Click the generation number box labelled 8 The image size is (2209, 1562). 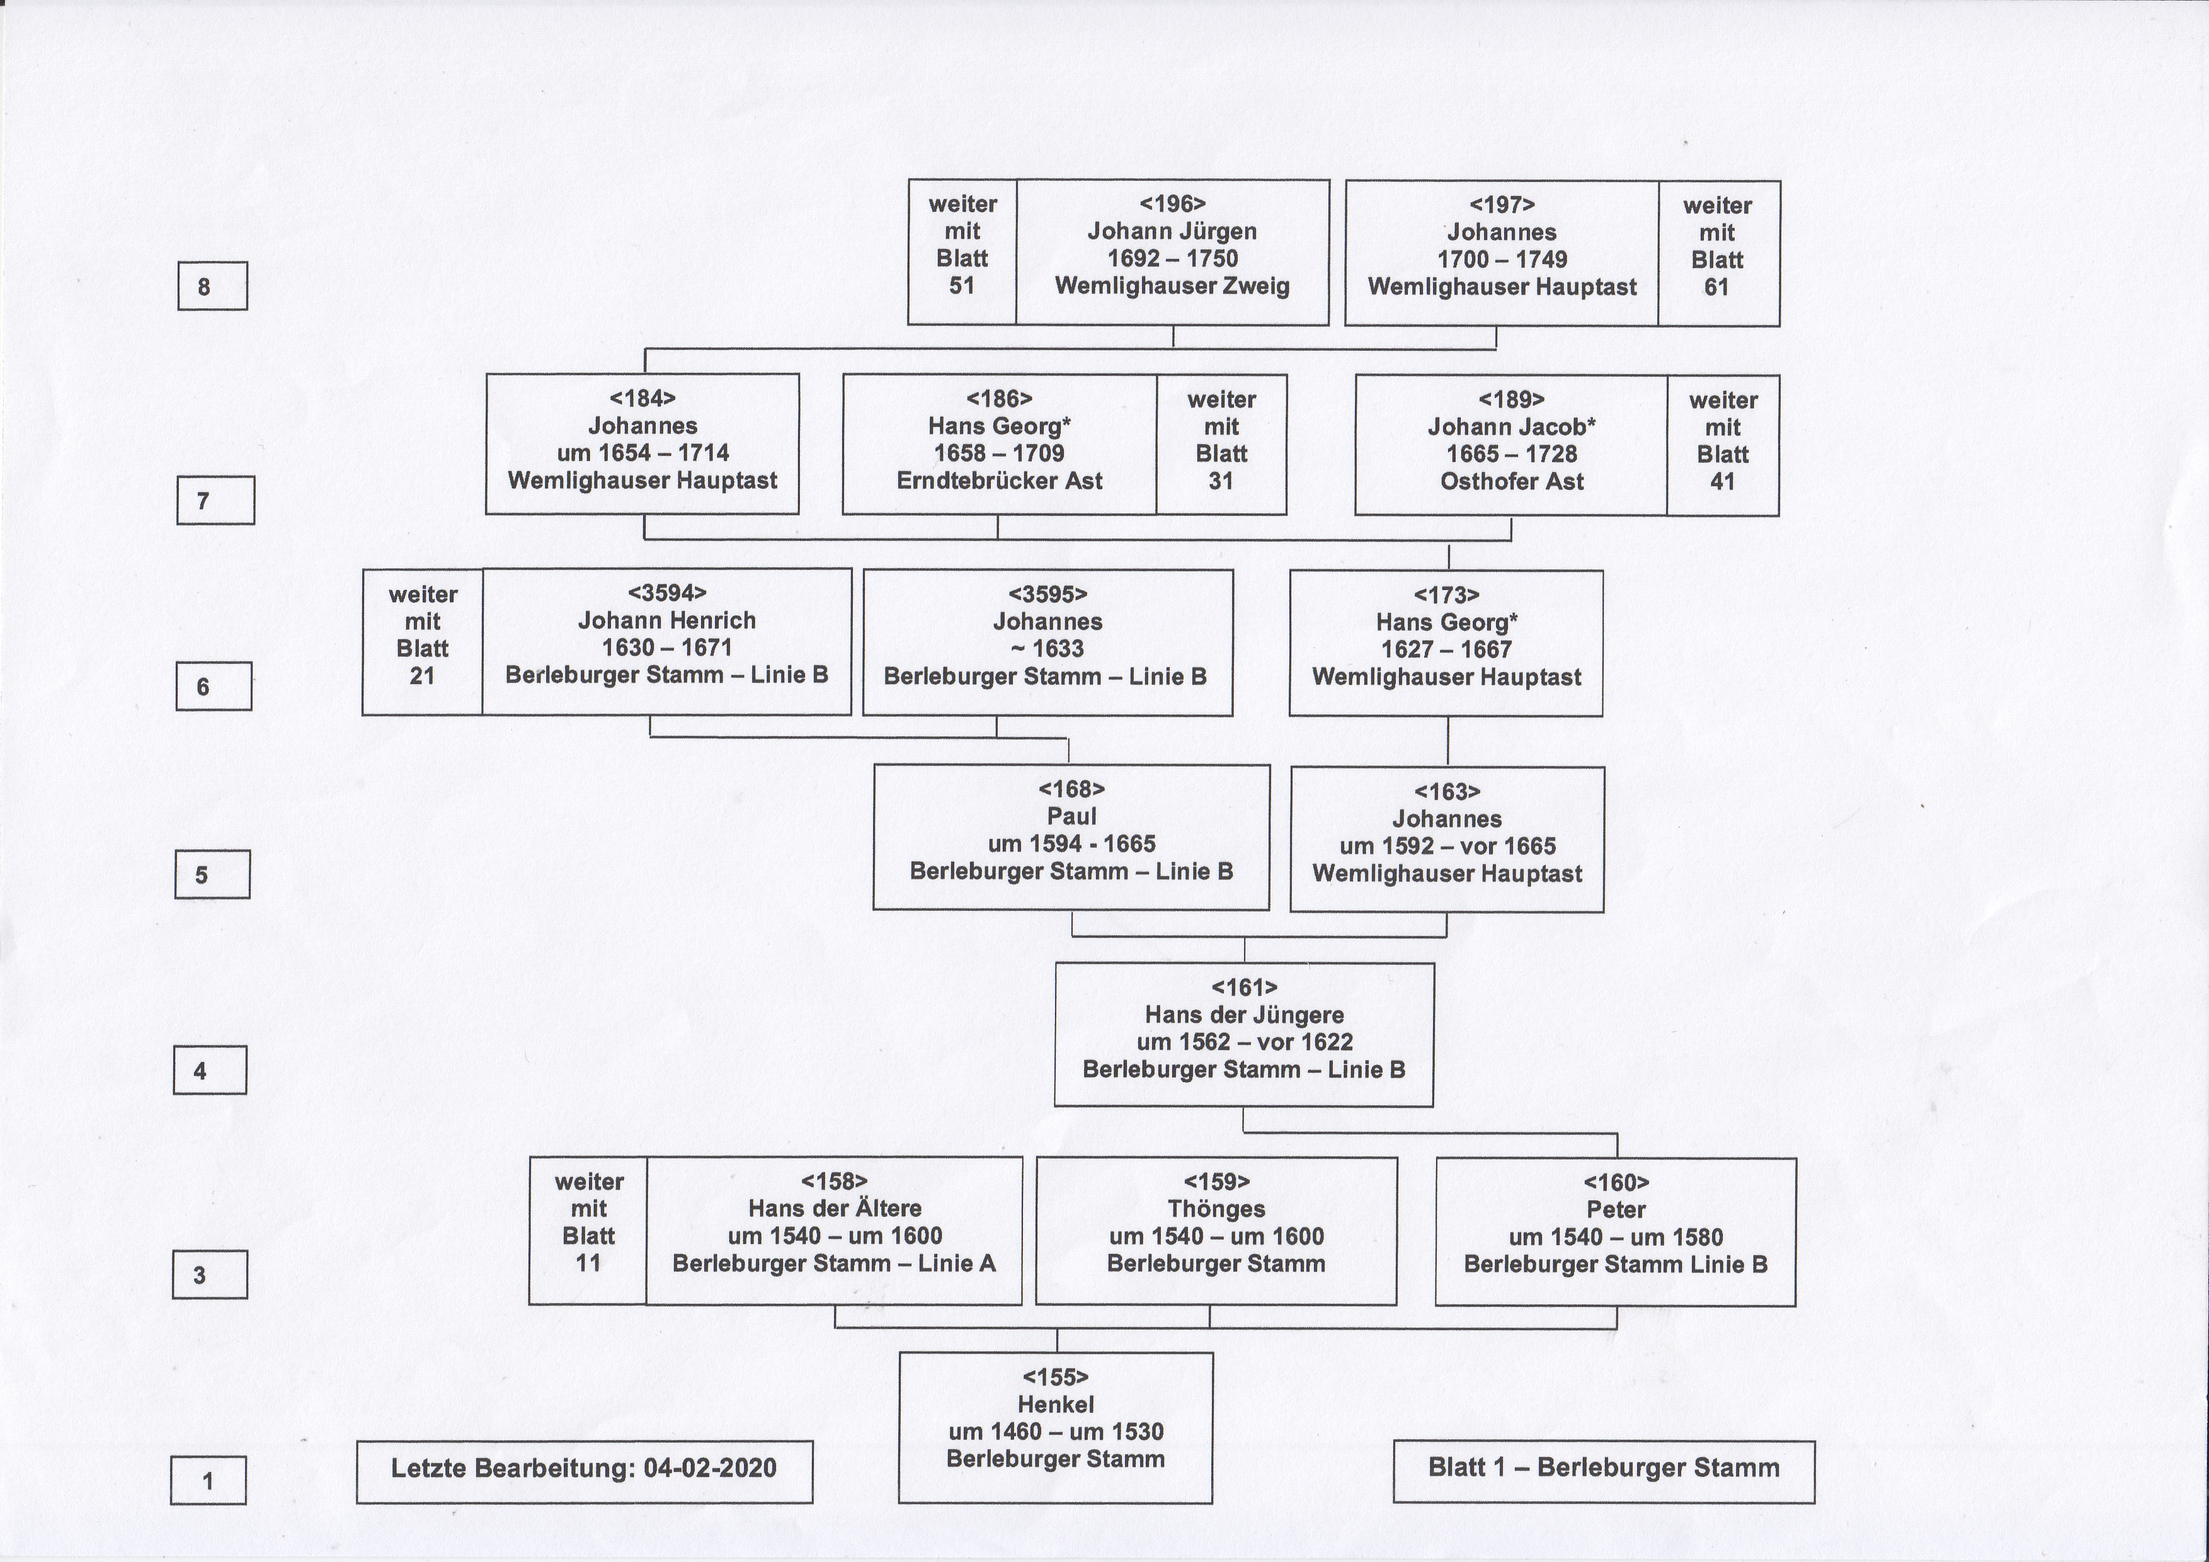pyautogui.click(x=213, y=286)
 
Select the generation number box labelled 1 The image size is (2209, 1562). pyautogui.click(x=208, y=1480)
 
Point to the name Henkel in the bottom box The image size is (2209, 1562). pyautogui.click(x=1056, y=1405)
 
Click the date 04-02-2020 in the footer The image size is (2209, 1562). pyautogui.click(x=710, y=1468)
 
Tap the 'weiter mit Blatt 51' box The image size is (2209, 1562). pyautogui.click(x=962, y=252)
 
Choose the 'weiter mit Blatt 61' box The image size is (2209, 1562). pyautogui.click(x=1718, y=253)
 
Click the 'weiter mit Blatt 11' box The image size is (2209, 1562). pyautogui.click(x=588, y=1230)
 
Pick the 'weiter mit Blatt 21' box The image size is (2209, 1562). pyautogui.click(x=423, y=642)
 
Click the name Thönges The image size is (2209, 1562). pyautogui.click(x=1216, y=1209)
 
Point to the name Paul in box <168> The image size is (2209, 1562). pyautogui.click(x=1072, y=817)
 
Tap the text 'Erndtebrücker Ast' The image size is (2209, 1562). pyautogui.click(x=1000, y=481)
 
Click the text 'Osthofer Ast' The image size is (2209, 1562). pyautogui.click(x=1512, y=482)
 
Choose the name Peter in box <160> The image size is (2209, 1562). pyautogui.click(x=1616, y=1210)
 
